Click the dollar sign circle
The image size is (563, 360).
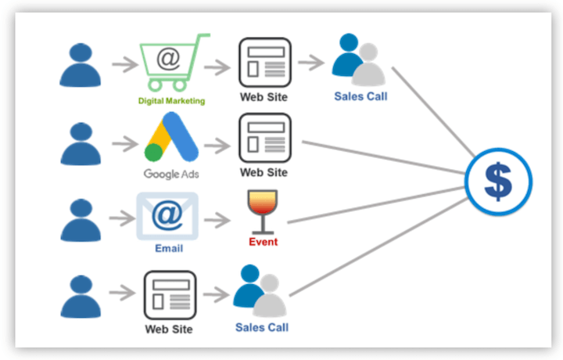pyautogui.click(x=497, y=182)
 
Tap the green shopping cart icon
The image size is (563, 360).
pyautogui.click(x=170, y=63)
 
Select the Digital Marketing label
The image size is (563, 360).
pyautogui.click(x=171, y=101)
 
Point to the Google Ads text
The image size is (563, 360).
pyautogui.click(x=170, y=173)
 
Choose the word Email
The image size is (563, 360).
pyautogui.click(x=167, y=248)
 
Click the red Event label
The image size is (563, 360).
pyautogui.click(x=263, y=242)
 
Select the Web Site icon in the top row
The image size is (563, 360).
pyautogui.click(x=264, y=62)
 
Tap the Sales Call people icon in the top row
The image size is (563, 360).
pyautogui.click(x=359, y=61)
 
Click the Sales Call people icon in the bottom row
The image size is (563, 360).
pyautogui.click(x=260, y=290)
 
